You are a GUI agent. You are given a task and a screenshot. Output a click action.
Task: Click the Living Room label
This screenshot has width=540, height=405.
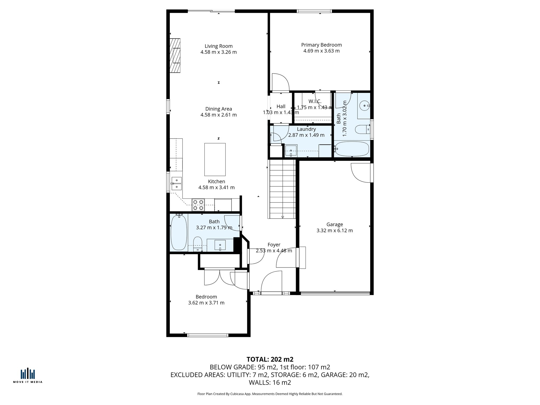(x=219, y=46)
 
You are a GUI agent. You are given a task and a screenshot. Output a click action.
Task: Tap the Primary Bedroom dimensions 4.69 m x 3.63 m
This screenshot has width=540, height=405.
(x=321, y=51)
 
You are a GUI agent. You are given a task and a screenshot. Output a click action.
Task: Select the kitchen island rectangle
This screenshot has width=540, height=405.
(x=215, y=159)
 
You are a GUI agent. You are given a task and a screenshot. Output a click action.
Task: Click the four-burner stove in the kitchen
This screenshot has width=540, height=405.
(x=198, y=205)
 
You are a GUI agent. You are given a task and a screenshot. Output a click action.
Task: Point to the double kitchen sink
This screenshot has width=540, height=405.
(x=176, y=184)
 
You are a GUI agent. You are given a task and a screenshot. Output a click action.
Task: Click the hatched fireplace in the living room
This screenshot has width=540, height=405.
(x=175, y=55)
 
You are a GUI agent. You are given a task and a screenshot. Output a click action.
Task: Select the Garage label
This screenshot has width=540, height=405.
(x=335, y=224)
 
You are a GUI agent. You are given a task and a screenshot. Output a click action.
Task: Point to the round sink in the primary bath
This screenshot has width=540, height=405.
(x=365, y=105)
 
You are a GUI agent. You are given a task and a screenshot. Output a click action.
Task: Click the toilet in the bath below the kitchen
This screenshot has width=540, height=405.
(x=197, y=244)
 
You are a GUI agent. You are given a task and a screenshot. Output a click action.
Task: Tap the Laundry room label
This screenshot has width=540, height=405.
(x=306, y=129)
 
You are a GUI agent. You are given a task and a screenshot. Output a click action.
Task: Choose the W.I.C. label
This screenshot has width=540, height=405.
(x=315, y=102)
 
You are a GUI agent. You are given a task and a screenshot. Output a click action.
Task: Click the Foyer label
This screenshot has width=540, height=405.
(x=274, y=245)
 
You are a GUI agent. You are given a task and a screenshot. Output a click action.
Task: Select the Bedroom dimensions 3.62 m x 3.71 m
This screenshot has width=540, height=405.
(x=206, y=303)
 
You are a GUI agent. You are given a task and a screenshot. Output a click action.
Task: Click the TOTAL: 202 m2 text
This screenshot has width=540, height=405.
(x=270, y=359)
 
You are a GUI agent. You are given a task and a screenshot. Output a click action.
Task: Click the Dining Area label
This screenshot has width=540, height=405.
(x=219, y=109)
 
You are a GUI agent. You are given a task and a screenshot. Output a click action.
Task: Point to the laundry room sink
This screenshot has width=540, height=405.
(x=291, y=151)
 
